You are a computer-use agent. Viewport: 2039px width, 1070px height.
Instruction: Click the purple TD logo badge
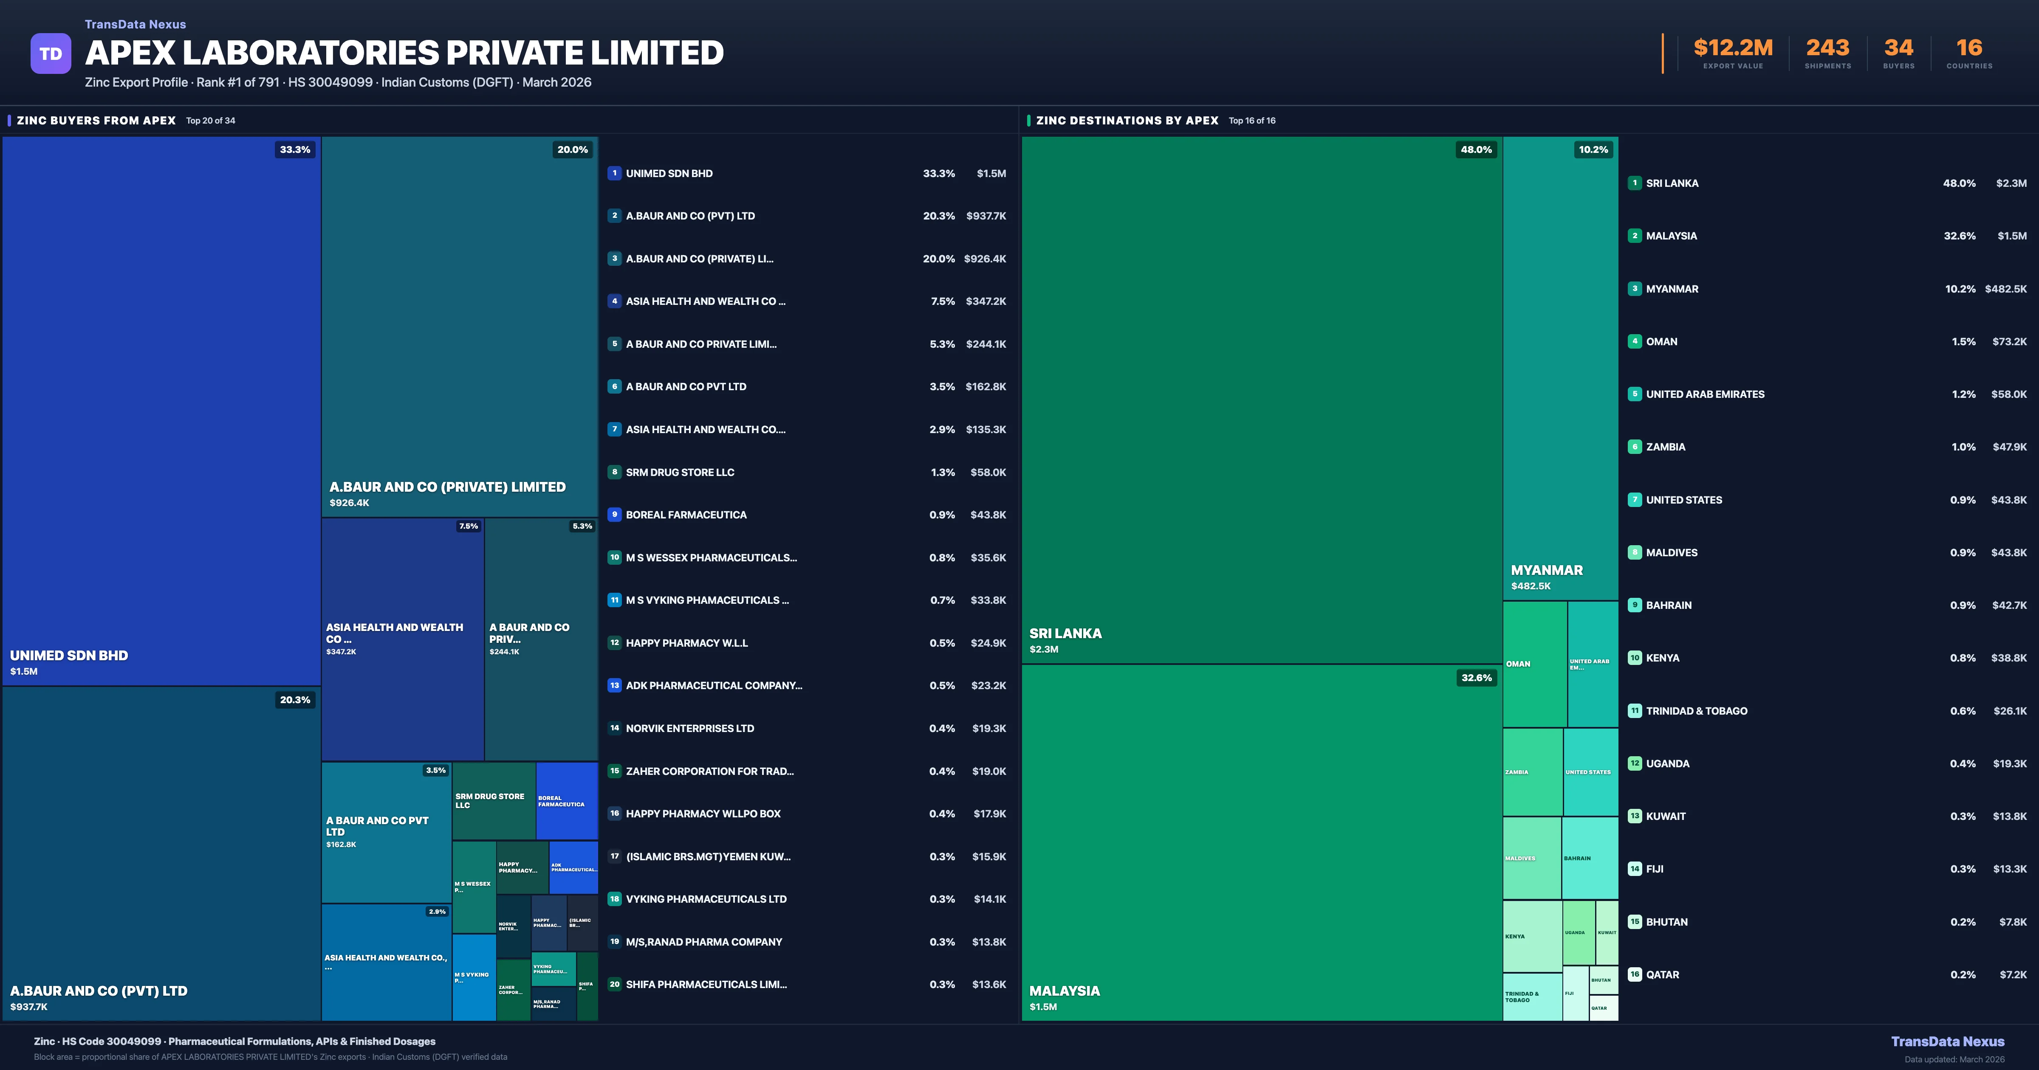pos(51,54)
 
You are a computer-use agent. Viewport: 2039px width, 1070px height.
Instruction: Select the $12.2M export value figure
pos(1733,48)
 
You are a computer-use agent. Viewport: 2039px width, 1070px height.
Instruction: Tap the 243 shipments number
pos(1827,48)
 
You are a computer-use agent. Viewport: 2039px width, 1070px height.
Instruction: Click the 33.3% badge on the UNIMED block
pos(294,149)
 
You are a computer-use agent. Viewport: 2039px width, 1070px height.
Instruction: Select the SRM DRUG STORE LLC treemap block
pos(493,800)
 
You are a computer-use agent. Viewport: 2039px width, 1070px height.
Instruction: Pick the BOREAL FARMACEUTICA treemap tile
pos(566,800)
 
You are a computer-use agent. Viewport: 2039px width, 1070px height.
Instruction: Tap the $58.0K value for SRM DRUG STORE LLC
pos(988,473)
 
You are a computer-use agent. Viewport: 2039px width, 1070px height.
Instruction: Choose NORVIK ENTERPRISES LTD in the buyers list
pos(689,728)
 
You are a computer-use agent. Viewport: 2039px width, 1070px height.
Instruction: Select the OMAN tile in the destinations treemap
pos(1534,664)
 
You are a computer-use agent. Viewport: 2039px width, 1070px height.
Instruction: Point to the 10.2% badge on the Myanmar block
pos(1593,149)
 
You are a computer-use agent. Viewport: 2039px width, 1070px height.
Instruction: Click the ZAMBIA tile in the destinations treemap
pos(1532,772)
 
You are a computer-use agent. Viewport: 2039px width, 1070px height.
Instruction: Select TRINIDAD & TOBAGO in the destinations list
pos(1696,711)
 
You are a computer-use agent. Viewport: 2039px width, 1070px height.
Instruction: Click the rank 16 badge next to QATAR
pos(1635,974)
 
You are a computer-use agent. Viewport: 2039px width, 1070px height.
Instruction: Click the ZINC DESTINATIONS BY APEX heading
pos(1127,120)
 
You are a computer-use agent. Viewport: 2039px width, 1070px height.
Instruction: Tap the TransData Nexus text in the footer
pos(1947,1042)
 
